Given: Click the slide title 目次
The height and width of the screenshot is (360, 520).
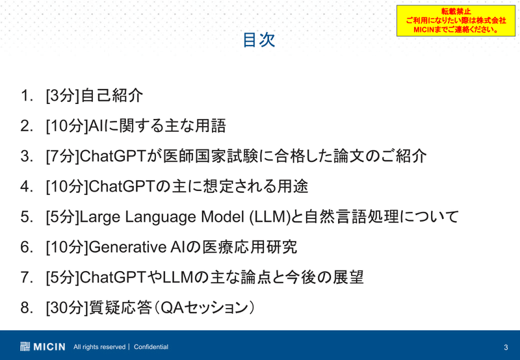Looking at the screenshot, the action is (x=259, y=40).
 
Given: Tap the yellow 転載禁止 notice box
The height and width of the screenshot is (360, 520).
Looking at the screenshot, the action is (x=456, y=21).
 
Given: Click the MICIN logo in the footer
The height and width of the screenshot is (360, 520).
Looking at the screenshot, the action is (x=42, y=347).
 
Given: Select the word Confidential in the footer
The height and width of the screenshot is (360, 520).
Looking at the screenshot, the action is (x=151, y=347).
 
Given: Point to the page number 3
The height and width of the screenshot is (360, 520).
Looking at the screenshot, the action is (x=506, y=348).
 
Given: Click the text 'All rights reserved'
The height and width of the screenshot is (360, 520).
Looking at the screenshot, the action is (x=99, y=347).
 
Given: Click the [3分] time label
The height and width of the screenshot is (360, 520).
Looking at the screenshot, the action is (x=62, y=96).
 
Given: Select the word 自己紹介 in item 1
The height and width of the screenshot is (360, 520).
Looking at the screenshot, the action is (x=112, y=96).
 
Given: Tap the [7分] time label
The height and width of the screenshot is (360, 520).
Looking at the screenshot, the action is (x=62, y=156).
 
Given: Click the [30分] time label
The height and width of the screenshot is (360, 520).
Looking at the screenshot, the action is (x=67, y=307).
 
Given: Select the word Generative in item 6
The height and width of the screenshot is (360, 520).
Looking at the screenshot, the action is (x=127, y=247).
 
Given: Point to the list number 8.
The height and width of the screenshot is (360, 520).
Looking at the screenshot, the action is (x=27, y=307).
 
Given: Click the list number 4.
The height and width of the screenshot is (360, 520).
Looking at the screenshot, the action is (x=27, y=186).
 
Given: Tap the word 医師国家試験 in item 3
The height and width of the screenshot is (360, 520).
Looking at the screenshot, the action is (x=210, y=156).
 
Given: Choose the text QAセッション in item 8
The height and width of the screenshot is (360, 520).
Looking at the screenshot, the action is (x=204, y=307).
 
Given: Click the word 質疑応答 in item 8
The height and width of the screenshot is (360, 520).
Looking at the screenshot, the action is (x=120, y=307).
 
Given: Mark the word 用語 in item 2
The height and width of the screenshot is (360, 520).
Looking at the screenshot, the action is (x=210, y=126).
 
